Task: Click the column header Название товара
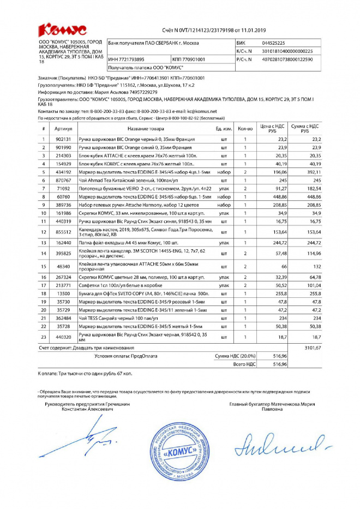pyautogui.click(x=146, y=129)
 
